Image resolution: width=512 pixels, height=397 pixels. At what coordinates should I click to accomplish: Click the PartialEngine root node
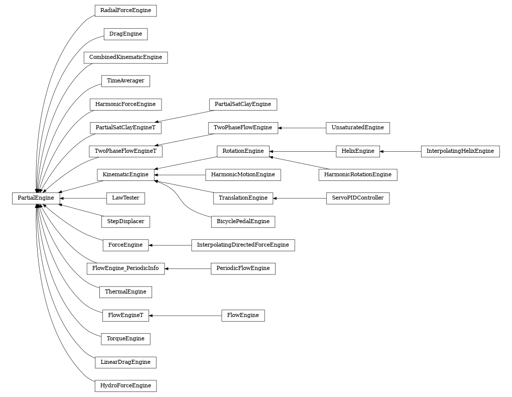click(x=36, y=198)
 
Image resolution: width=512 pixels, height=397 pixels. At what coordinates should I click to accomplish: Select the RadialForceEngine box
click(x=125, y=11)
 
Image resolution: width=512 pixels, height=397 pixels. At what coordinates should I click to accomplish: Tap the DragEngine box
click(x=125, y=34)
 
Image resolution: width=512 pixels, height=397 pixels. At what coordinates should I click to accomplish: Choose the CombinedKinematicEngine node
click(x=125, y=57)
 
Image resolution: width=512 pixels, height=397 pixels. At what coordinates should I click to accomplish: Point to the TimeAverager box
click(x=125, y=81)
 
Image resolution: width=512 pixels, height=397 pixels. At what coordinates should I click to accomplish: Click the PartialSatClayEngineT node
click(x=125, y=128)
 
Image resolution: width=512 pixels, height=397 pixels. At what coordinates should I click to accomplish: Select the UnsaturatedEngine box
click(x=357, y=128)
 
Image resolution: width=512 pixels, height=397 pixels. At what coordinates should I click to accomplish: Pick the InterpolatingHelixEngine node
click(x=460, y=151)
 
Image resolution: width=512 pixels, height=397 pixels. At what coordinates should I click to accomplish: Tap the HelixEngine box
click(x=357, y=151)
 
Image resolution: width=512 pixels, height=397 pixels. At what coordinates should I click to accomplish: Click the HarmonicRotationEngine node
click(x=357, y=175)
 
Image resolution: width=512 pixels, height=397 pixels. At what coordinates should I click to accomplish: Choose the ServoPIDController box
click(x=357, y=198)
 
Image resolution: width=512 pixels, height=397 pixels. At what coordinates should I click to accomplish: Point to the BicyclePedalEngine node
click(x=243, y=222)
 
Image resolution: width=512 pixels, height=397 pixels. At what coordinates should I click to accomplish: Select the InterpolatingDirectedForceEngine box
click(x=243, y=245)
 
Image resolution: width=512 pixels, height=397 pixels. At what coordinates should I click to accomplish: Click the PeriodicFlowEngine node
click(x=243, y=268)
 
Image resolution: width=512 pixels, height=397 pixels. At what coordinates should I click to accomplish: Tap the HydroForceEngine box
click(x=125, y=386)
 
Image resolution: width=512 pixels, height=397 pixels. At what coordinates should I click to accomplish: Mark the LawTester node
click(x=125, y=198)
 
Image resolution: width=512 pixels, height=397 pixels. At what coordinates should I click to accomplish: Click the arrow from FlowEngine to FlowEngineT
click(x=185, y=316)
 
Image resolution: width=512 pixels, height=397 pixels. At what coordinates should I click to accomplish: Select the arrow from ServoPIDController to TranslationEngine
click(x=300, y=198)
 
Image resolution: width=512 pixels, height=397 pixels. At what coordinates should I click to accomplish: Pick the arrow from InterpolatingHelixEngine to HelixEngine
click(x=401, y=151)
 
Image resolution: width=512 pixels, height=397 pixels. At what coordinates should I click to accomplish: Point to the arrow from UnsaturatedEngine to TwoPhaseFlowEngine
click(x=302, y=128)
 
